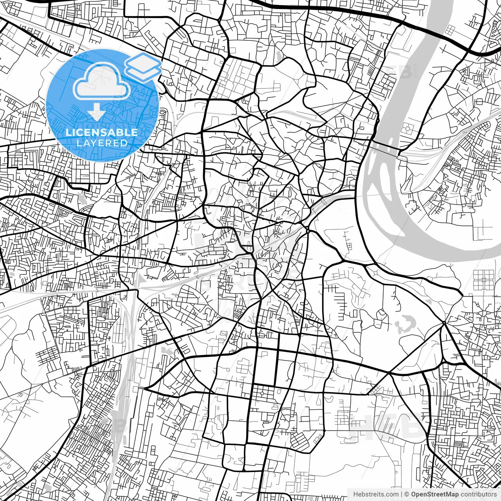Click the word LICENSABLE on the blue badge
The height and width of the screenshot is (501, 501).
tap(101, 132)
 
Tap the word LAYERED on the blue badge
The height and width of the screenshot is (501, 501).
tap(102, 143)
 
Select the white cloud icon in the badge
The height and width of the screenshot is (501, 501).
tap(101, 82)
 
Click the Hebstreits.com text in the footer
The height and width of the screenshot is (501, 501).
tap(376, 494)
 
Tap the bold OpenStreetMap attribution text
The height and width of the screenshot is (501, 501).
tap(434, 494)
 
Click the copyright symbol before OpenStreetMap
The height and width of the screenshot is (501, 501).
tap(407, 494)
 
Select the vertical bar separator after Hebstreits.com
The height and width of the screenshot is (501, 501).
tap(402, 494)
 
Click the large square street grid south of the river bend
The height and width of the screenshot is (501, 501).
tap(484, 279)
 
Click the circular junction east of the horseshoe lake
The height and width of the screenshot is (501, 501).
tap(444, 323)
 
